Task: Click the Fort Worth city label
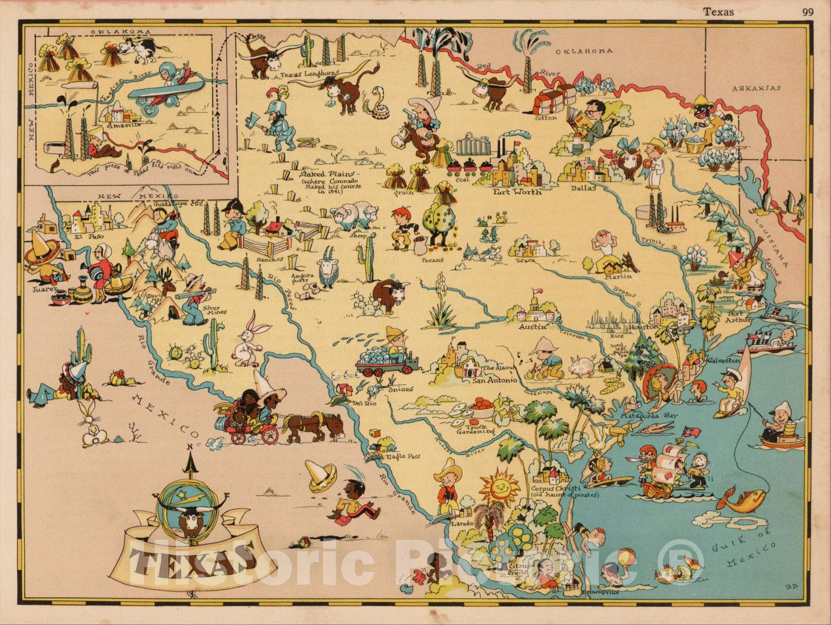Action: tap(516, 191)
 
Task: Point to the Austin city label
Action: tap(533, 327)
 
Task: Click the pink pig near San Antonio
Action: tap(583, 366)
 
